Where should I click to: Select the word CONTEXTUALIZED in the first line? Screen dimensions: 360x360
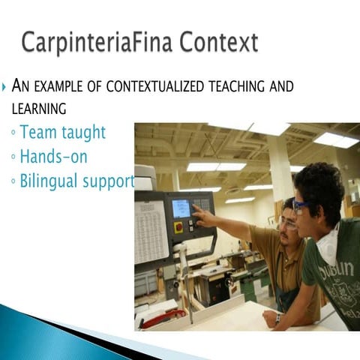(x=154, y=87)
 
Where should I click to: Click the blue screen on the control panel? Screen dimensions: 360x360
(x=181, y=208)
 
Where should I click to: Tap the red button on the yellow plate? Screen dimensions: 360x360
(x=178, y=226)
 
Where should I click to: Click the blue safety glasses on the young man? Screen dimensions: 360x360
(x=301, y=205)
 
